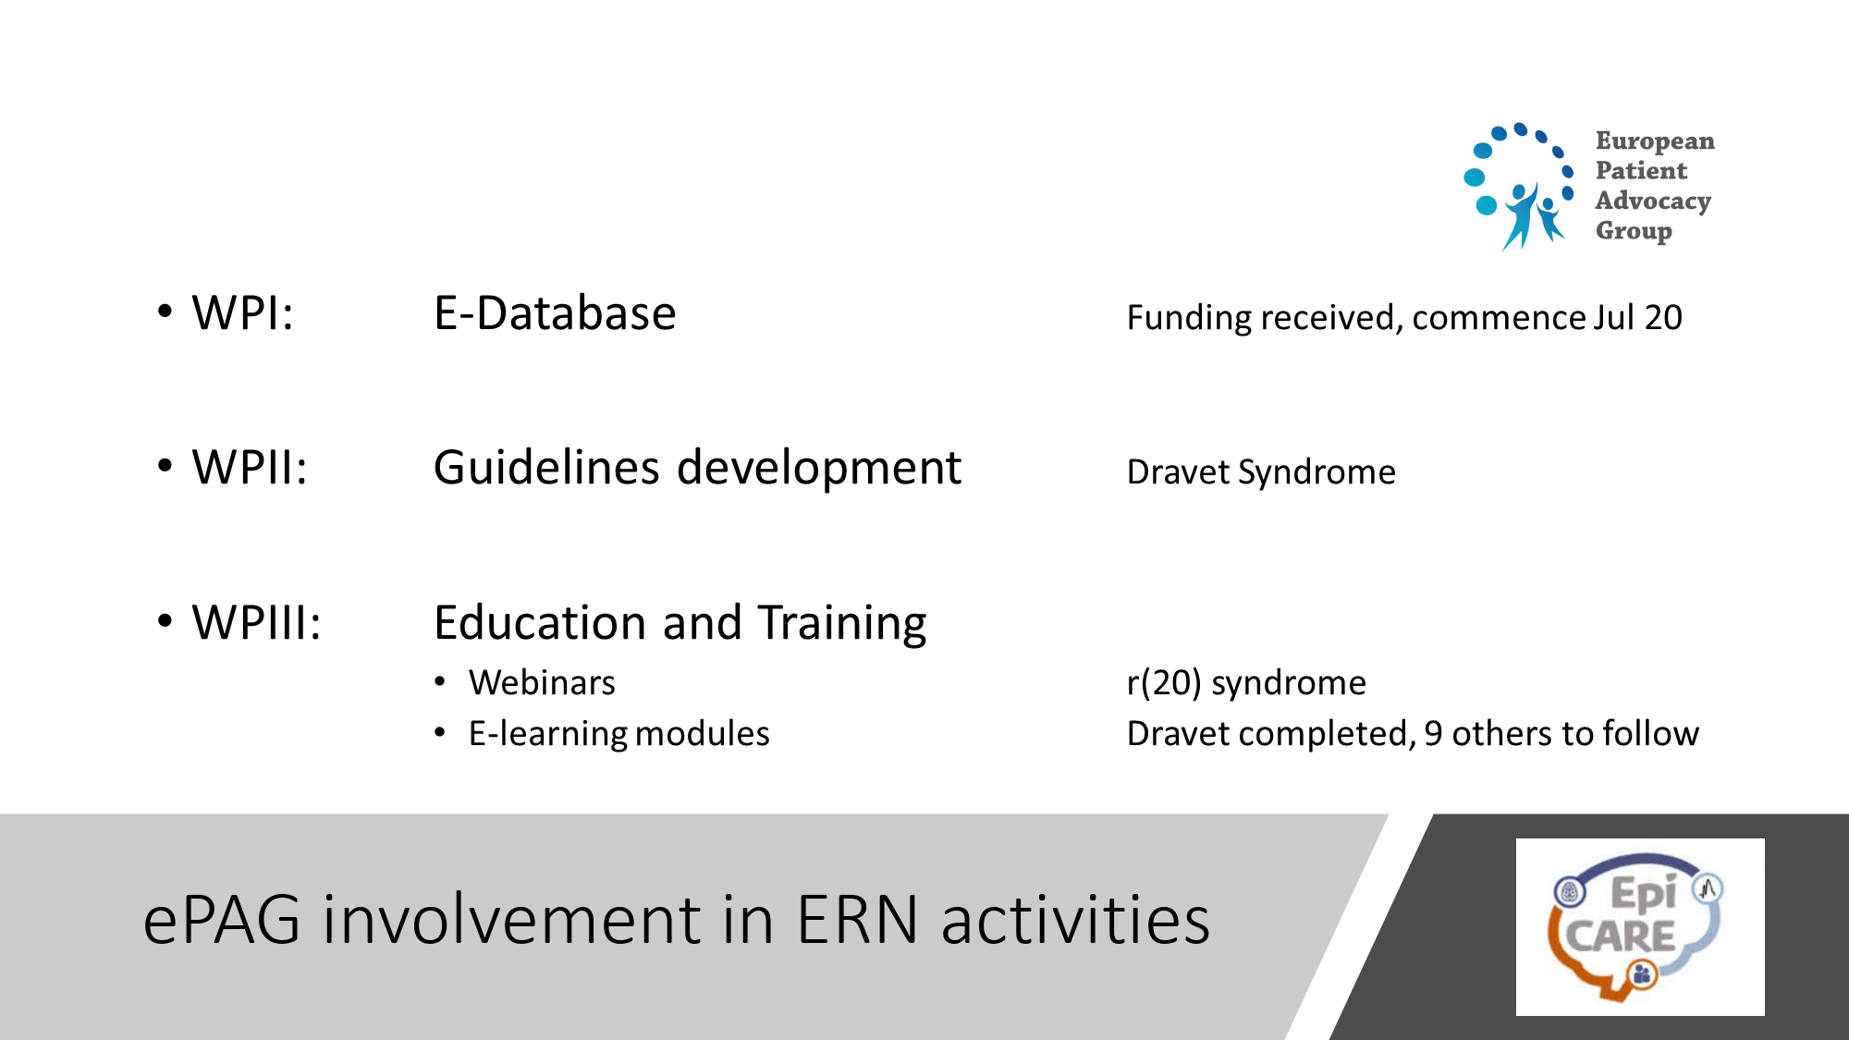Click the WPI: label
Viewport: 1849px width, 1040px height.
(x=242, y=312)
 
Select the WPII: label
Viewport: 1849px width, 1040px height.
(x=249, y=467)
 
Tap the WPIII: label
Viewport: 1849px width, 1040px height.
(x=256, y=622)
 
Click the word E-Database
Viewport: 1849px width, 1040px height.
(x=555, y=312)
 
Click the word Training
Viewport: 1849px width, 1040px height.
(x=842, y=624)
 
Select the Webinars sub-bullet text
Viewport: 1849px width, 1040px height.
(x=542, y=682)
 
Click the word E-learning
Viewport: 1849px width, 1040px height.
(x=547, y=734)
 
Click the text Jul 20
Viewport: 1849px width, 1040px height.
(x=1637, y=317)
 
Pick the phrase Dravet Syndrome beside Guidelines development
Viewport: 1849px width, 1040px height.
(x=1261, y=472)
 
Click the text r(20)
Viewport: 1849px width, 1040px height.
(x=1164, y=683)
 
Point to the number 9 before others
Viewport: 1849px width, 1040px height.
(x=1433, y=734)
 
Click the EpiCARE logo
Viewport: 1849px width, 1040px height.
(x=1640, y=927)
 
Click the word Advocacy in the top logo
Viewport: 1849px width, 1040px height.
(x=1653, y=201)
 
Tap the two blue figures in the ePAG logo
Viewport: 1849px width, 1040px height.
(x=1533, y=216)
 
